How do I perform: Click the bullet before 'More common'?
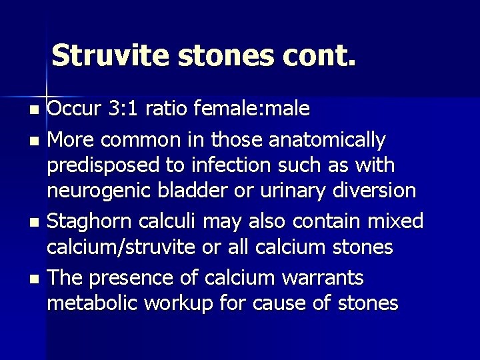[x=36, y=141]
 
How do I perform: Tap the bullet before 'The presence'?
[x=36, y=277]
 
